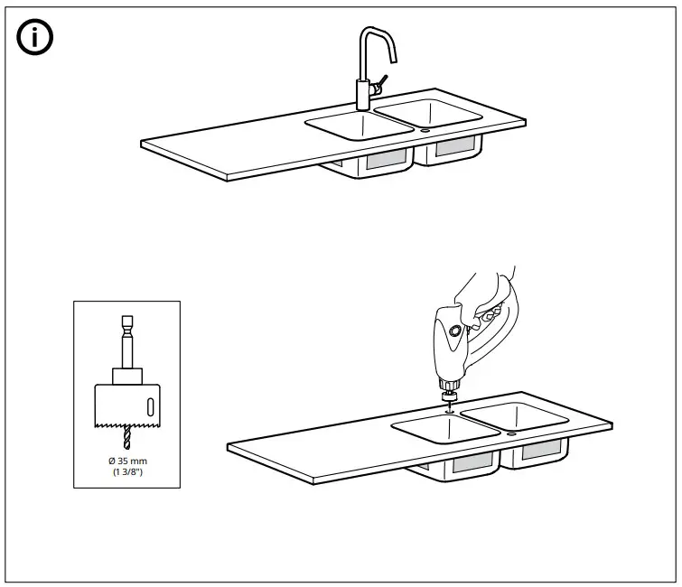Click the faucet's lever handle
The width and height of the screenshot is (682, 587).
click(383, 82)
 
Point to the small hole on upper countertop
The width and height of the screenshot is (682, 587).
click(425, 131)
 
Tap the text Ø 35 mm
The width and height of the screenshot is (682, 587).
click(126, 461)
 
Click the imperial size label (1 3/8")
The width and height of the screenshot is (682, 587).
click(126, 472)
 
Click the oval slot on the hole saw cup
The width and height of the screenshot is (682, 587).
click(149, 404)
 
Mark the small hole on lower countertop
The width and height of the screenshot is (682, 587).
click(511, 433)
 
